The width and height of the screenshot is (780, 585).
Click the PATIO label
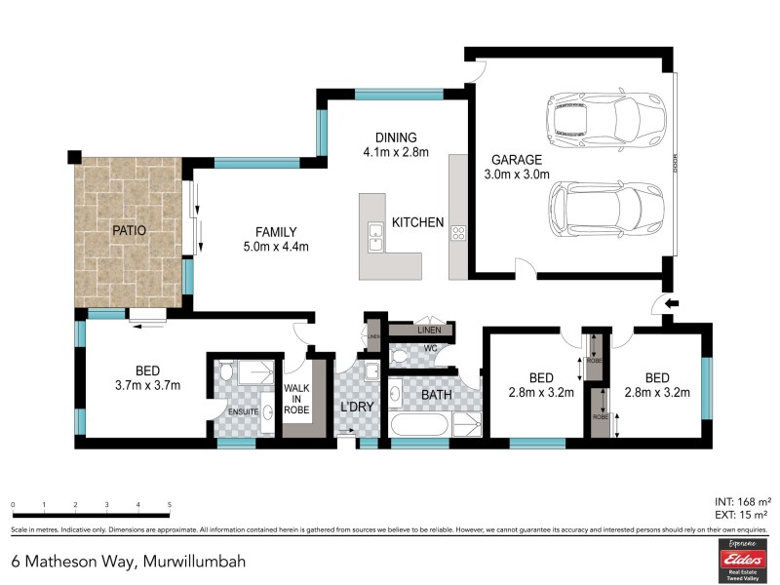coord(128,231)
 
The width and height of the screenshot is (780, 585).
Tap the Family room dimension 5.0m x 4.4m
coord(276,247)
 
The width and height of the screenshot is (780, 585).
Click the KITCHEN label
coord(417,223)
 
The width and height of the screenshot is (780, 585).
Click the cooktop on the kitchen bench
coord(458,231)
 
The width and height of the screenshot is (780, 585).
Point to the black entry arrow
coord(672,304)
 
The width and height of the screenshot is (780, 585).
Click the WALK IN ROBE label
coord(296,399)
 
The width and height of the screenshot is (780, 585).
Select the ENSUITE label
coord(243,412)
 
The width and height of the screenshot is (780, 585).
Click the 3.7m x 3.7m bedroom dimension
coord(147,385)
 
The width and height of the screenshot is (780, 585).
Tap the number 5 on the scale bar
coord(170,505)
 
